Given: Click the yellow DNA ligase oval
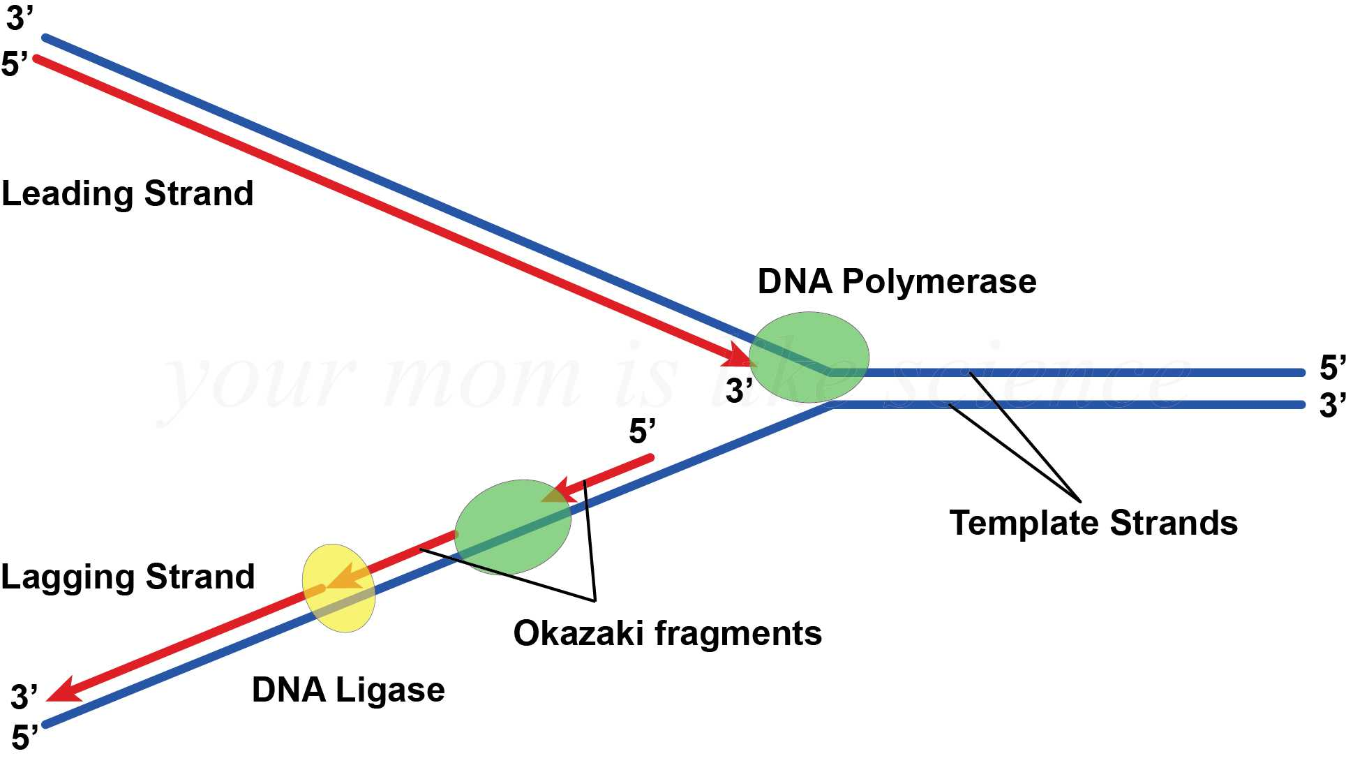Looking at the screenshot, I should click(x=339, y=588).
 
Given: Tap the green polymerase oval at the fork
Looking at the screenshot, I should click(x=809, y=357).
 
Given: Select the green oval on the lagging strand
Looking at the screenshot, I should click(x=512, y=527).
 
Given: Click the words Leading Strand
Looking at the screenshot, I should click(x=128, y=193).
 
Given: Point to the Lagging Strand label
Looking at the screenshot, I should click(x=128, y=577).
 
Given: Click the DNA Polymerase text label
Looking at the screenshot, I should click(x=897, y=281).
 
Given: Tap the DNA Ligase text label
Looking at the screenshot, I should click(x=348, y=690).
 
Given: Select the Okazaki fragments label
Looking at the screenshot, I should click(x=667, y=633).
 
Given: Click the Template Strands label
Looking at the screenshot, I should click(x=1093, y=522).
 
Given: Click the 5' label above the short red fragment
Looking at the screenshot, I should click(x=642, y=431).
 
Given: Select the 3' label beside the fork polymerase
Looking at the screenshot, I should click(x=738, y=390).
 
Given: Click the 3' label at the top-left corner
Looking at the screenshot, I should click(x=19, y=17).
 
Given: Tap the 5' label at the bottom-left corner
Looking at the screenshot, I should click(x=24, y=737).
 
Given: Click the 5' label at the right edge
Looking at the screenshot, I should click(x=1331, y=367).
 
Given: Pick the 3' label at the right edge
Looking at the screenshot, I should click(x=1331, y=405).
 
